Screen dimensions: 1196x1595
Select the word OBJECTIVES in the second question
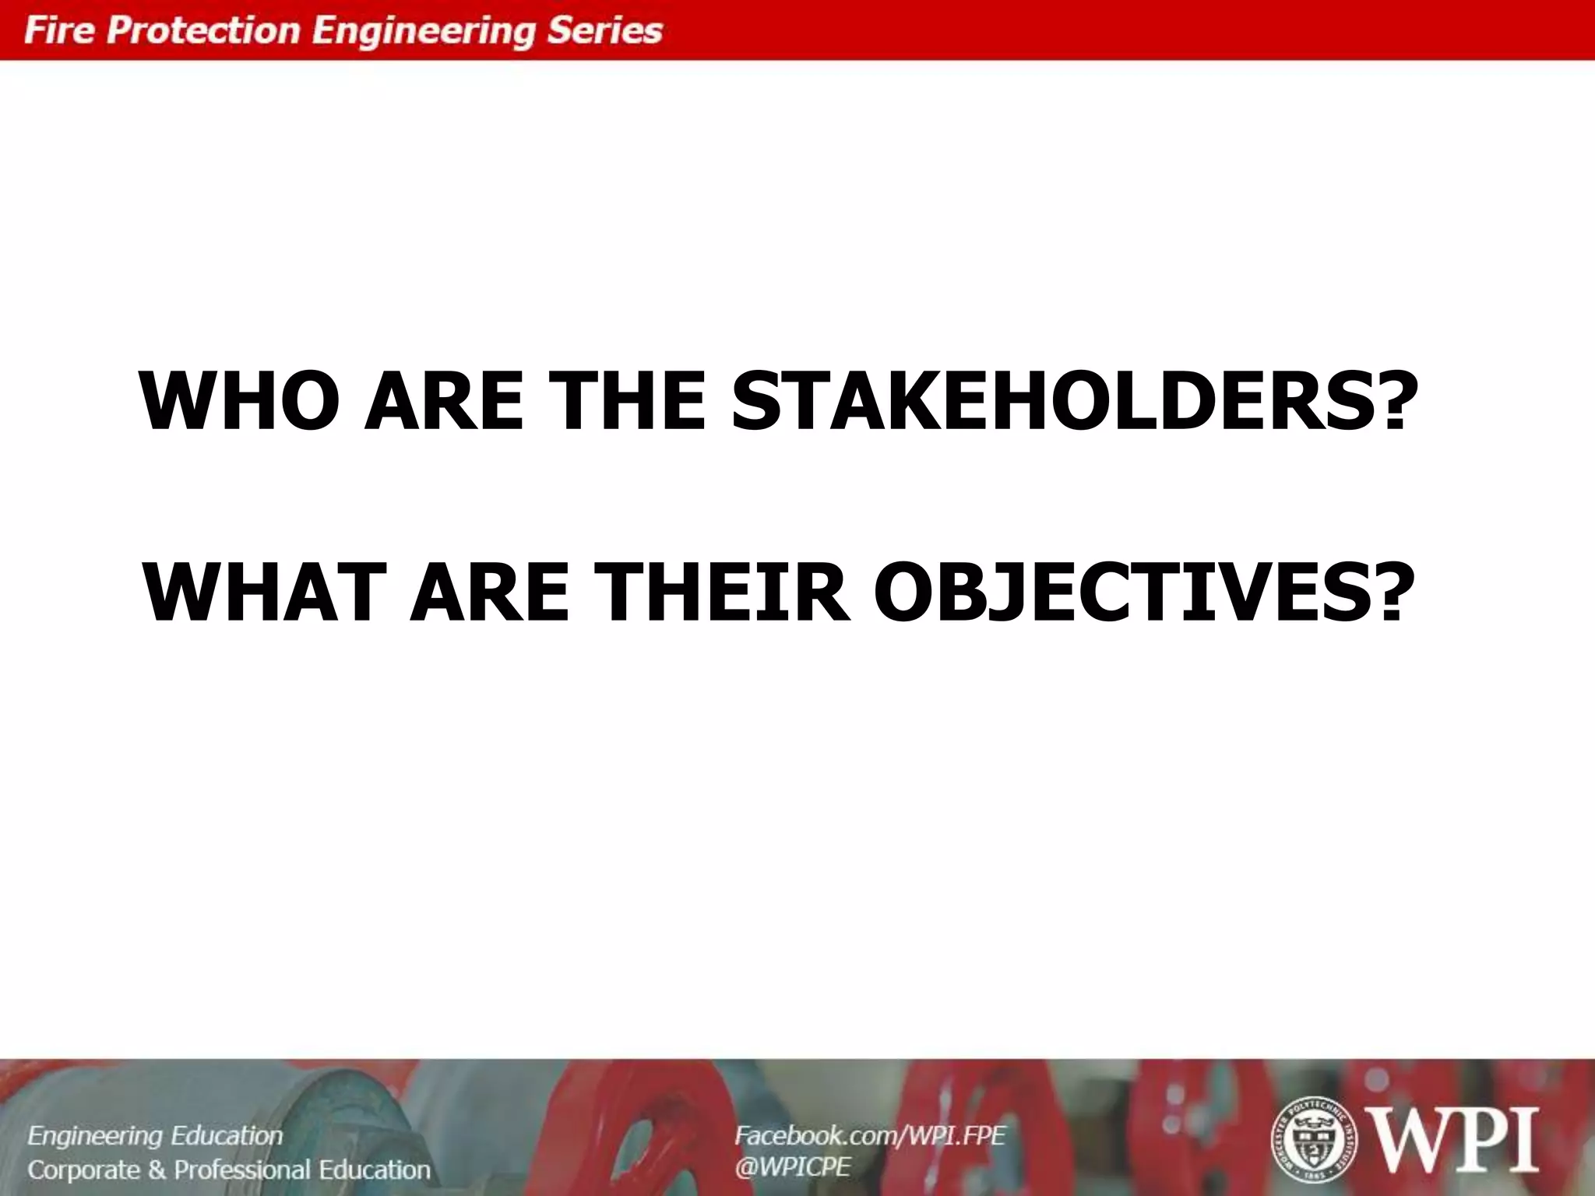pyautogui.click(x=1121, y=593)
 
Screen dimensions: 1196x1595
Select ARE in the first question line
pyautogui.click(x=444, y=401)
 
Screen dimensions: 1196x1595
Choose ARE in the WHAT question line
pyautogui.click(x=490, y=593)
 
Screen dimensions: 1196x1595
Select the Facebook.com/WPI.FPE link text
pyautogui.click(x=870, y=1136)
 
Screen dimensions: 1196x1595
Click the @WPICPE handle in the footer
pyautogui.click(x=792, y=1167)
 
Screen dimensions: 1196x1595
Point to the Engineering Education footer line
pyautogui.click(x=155, y=1137)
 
